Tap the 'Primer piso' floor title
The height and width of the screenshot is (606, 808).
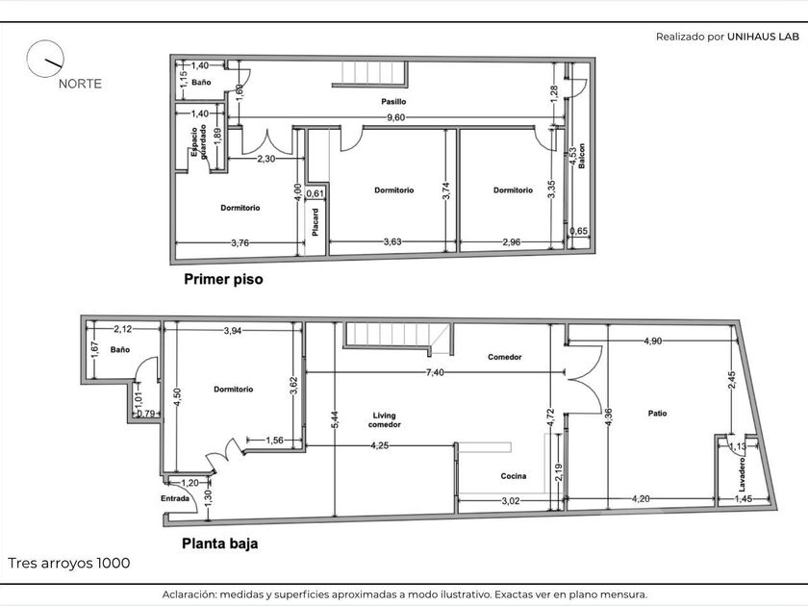(223, 279)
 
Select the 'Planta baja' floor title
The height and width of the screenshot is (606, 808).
(220, 543)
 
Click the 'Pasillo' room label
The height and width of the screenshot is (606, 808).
(393, 102)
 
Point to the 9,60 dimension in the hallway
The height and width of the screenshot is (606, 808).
(395, 117)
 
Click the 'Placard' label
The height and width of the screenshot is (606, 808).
(316, 222)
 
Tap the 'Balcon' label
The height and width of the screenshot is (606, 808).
(582, 156)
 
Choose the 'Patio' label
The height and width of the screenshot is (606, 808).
(658, 414)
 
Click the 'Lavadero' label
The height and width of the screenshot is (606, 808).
(742, 474)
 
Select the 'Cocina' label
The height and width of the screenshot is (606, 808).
(514, 476)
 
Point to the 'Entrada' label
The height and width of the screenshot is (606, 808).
(175, 498)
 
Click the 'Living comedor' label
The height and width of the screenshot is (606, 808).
(385, 420)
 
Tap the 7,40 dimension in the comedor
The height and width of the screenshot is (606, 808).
(435, 372)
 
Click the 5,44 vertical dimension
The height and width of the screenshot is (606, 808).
(336, 419)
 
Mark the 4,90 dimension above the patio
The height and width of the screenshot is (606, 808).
(653, 341)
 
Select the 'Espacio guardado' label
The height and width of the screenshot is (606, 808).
(199, 141)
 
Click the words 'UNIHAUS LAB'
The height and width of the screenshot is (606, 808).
(763, 37)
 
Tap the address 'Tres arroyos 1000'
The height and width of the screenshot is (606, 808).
(69, 564)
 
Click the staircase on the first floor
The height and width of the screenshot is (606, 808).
(369, 73)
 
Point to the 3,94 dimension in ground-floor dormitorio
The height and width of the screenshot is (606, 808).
(233, 331)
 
